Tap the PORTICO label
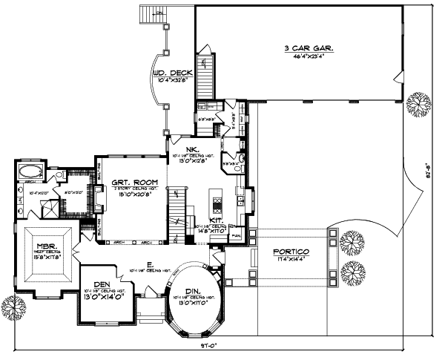[291, 252]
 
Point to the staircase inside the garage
[207, 74]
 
